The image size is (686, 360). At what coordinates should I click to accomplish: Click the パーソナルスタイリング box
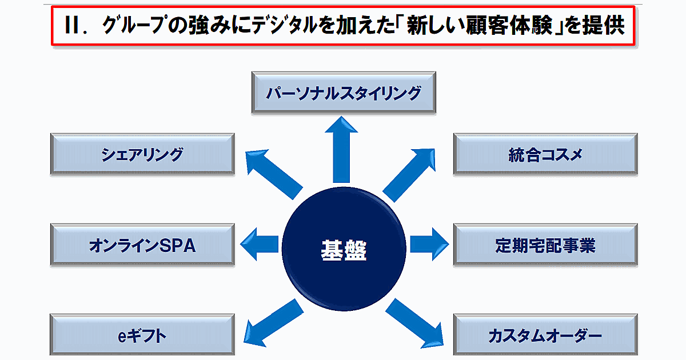tap(344, 92)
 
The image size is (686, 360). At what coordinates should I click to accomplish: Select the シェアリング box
tap(142, 154)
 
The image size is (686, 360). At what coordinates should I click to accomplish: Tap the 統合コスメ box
tap(545, 154)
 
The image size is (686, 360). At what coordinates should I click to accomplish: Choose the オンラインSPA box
tap(142, 245)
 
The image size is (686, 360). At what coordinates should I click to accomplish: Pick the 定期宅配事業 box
tap(545, 245)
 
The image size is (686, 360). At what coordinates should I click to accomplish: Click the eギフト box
tap(142, 335)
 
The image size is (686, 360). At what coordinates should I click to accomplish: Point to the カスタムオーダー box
tap(545, 335)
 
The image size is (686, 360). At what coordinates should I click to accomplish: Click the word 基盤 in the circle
tap(343, 250)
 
